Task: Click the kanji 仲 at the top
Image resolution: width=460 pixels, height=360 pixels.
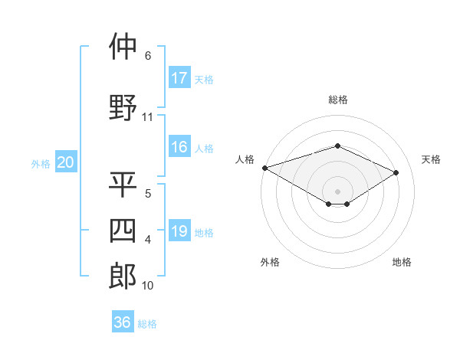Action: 123,47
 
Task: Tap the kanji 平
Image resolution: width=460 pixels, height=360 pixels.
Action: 123,185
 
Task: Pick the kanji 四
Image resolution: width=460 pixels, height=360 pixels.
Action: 123,230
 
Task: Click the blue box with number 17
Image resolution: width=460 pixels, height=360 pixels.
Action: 179,77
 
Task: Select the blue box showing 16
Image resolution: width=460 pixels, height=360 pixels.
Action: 179,147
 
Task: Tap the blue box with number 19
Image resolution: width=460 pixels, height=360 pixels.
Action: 179,231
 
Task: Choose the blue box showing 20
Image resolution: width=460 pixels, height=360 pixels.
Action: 66,162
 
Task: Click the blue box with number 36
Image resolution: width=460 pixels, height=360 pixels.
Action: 123,322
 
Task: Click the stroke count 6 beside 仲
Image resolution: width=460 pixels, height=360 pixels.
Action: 147,56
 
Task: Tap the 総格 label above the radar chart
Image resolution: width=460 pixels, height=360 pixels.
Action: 337,100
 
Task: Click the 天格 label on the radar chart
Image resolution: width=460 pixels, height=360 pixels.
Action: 432,159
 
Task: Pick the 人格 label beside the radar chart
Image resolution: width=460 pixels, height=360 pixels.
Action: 245,159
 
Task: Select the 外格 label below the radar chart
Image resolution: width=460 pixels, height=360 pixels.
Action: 270,262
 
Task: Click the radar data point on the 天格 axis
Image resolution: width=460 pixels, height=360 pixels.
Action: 396,172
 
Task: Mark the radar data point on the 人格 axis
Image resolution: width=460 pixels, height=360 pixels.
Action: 264,168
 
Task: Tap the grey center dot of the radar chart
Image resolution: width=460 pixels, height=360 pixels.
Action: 337,191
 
